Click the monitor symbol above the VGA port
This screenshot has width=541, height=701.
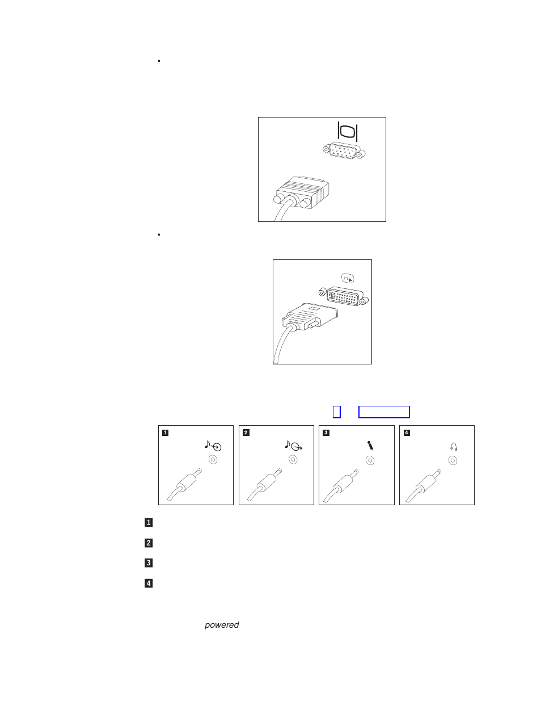347,131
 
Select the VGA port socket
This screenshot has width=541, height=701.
344,152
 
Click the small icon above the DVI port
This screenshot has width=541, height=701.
348,278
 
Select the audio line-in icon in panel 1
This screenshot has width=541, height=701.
213,446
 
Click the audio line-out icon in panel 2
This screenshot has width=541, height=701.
293,446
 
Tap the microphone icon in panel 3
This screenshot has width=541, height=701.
370,446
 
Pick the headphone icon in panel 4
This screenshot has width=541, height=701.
454,447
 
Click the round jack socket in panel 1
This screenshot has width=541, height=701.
213,460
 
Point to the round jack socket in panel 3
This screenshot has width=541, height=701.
370,460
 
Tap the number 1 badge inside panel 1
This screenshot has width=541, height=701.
165,433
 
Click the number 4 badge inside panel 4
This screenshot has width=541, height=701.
406,433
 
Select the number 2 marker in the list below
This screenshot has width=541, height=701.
149,543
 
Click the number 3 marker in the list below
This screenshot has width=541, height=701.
149,563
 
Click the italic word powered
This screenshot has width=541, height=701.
222,625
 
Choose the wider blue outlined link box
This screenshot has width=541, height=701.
384,412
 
